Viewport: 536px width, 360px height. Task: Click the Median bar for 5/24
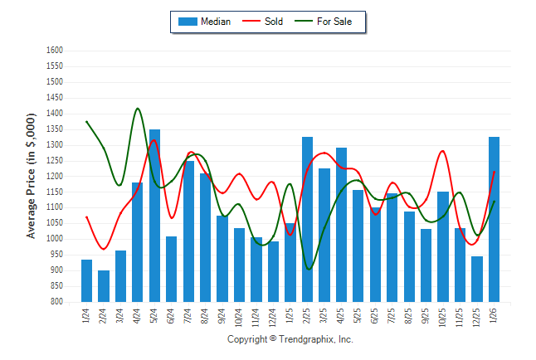tap(154, 216)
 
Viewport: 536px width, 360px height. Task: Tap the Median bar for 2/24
tap(104, 285)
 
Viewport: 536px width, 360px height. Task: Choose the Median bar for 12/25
tap(477, 279)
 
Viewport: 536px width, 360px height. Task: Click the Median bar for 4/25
tap(341, 225)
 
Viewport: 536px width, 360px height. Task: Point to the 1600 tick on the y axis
tap(54, 51)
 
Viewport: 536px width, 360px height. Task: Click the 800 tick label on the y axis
tap(56, 302)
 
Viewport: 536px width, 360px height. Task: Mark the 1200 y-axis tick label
tap(54, 176)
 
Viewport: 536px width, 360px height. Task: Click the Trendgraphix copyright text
tap(290, 340)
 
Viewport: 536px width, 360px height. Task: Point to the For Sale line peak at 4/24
tap(137, 108)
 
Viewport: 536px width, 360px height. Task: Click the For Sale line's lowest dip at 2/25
tap(309, 269)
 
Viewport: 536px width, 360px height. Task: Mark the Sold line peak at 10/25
tap(443, 151)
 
